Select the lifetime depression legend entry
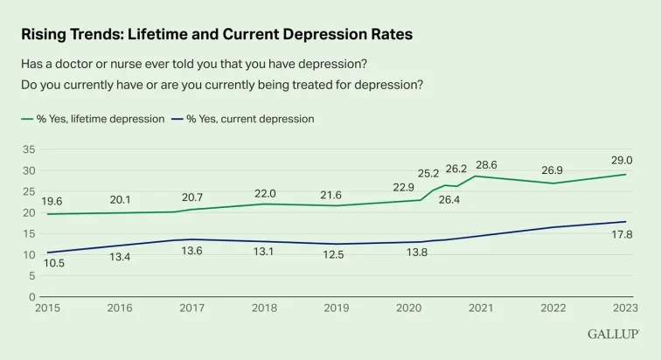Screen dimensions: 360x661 pyautogui.click(x=92, y=118)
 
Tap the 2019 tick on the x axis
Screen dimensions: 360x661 pyautogui.click(x=337, y=308)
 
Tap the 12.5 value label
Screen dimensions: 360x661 pyautogui.click(x=337, y=259)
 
